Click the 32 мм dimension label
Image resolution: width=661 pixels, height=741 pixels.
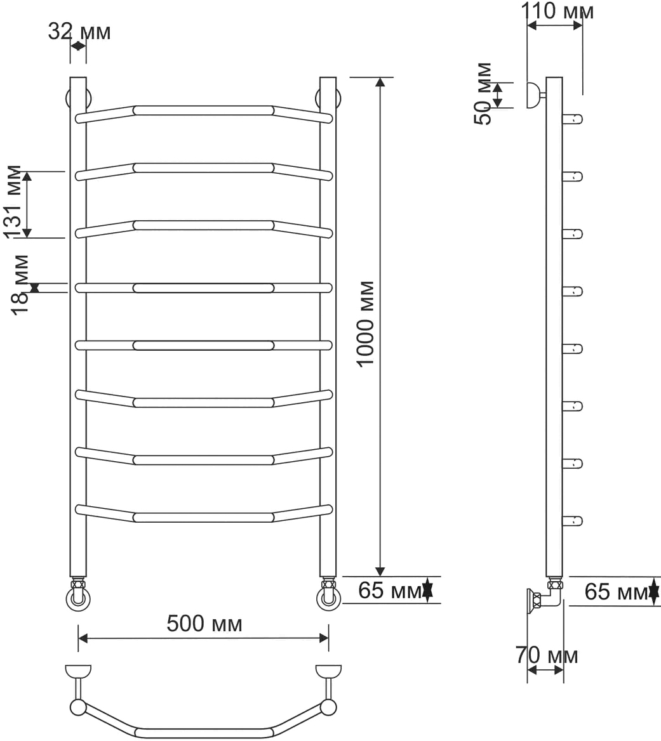point(79,32)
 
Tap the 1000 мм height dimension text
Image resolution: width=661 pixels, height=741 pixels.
point(366,324)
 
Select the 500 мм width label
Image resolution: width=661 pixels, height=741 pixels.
point(204,624)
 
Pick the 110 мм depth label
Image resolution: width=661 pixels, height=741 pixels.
point(558,10)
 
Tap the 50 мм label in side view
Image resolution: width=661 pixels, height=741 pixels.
point(483,93)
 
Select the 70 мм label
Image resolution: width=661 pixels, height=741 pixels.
point(547,655)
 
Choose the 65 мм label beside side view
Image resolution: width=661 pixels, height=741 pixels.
point(616,591)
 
